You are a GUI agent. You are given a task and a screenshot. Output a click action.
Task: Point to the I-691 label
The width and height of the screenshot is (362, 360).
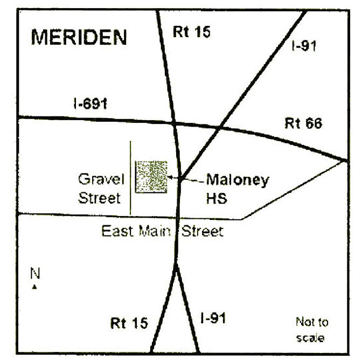pyautogui.click(x=89, y=104)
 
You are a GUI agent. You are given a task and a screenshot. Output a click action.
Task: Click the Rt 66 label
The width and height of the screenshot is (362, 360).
pyautogui.click(x=303, y=124)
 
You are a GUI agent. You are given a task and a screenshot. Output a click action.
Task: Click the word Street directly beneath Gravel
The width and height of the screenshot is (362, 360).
pyautogui.click(x=99, y=198)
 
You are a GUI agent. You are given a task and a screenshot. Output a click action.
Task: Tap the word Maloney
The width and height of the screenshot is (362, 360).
pyautogui.click(x=237, y=180)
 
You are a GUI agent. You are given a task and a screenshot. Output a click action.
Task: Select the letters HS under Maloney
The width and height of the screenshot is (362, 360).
pyautogui.click(x=216, y=198)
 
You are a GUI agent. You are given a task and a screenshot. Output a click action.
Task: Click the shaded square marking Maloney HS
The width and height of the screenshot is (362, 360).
pyautogui.click(x=151, y=176)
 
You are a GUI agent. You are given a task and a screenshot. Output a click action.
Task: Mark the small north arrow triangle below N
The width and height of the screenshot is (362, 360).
pyautogui.click(x=35, y=286)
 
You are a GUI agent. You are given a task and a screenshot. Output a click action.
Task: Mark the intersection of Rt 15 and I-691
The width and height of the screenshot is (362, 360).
pyautogui.click(x=174, y=123)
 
